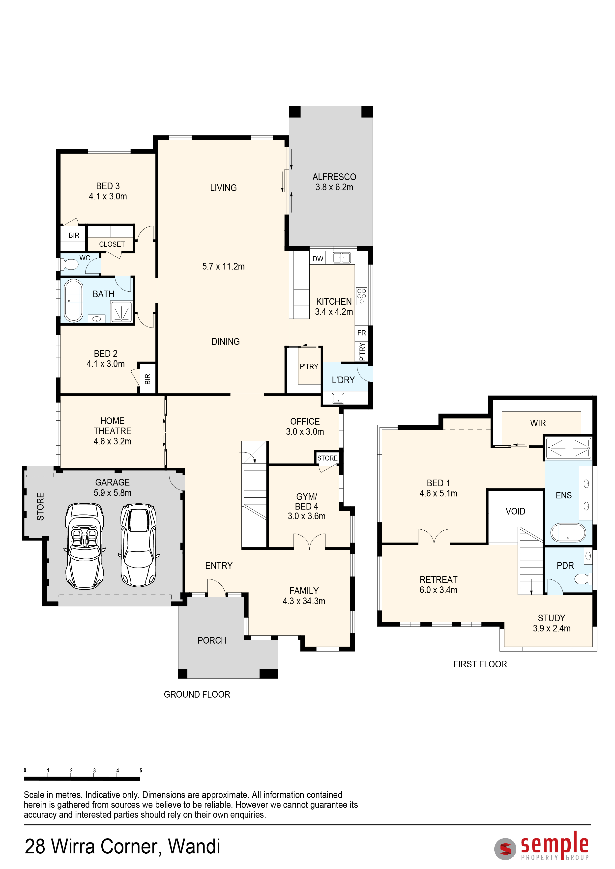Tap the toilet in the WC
click(x=70, y=264)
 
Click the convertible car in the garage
click(x=85, y=546)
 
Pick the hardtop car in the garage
click(x=138, y=545)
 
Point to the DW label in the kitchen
click(x=318, y=259)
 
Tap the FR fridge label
click(x=362, y=333)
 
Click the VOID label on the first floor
click(x=515, y=511)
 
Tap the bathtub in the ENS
click(x=568, y=533)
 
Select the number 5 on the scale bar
click(x=141, y=770)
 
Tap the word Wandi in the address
click(x=194, y=846)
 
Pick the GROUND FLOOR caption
click(x=197, y=694)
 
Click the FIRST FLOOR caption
click(x=480, y=664)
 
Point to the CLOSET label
click(x=112, y=244)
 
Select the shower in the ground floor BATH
click(x=121, y=311)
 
